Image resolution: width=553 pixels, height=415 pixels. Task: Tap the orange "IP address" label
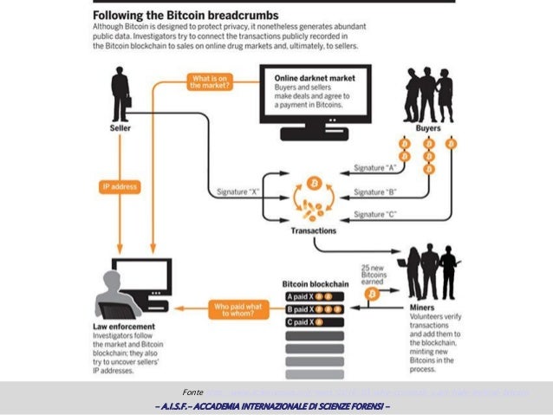pos(120,185)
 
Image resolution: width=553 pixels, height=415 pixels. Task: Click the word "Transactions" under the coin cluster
pos(313,230)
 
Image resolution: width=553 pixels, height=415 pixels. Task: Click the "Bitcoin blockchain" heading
pos(314,283)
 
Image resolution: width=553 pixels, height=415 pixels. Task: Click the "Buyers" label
pos(427,127)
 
